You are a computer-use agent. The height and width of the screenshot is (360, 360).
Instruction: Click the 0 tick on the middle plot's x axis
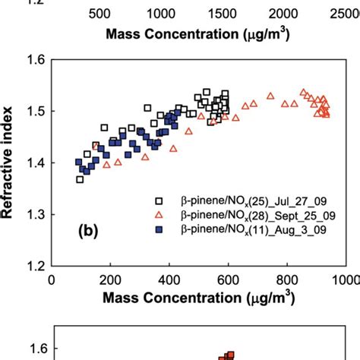[52, 279]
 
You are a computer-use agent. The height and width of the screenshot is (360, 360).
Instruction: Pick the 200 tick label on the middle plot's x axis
[110, 279]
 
